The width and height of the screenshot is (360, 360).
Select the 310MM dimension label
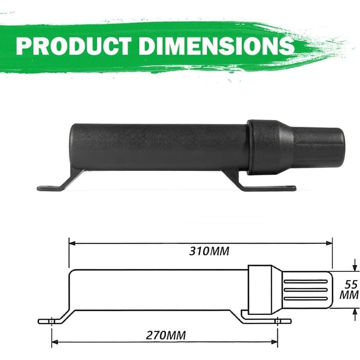pos(209,251)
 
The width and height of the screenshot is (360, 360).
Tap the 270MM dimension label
pos(166,335)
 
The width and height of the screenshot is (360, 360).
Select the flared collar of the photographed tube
pos(270,147)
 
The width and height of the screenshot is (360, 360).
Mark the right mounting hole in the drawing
pos(277,321)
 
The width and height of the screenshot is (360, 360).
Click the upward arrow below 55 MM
pos(355,311)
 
